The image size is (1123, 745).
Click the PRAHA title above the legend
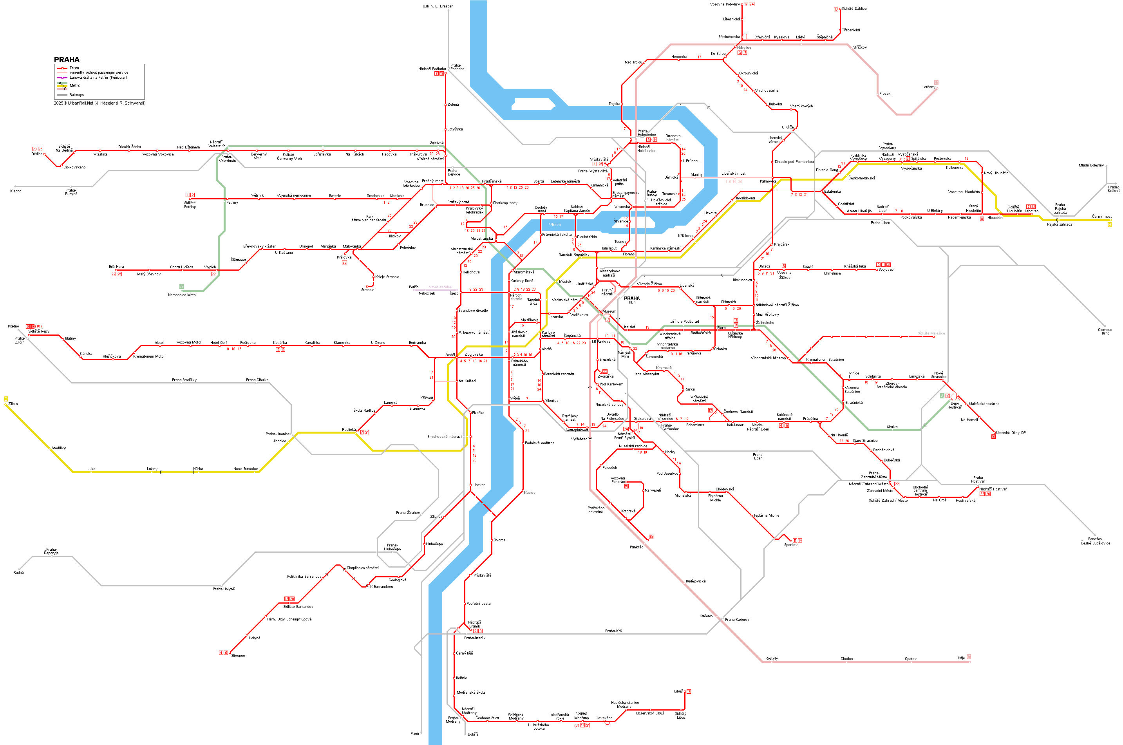67,60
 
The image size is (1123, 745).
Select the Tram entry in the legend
74,68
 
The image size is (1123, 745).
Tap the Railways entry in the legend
76,94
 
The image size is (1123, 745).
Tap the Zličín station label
13,404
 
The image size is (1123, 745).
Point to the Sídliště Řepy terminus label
38,331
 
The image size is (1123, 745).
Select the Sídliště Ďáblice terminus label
854,9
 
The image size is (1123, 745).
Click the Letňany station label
928,87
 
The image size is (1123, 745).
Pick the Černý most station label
1101,217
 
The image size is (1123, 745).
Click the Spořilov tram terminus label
790,545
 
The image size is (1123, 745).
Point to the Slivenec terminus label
238,656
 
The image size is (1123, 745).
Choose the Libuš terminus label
678,691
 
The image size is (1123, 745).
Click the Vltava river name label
555,225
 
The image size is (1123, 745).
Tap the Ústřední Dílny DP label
1011,433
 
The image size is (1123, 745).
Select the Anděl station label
450,355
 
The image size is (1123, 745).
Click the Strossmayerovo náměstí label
625,194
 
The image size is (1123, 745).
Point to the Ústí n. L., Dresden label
438,6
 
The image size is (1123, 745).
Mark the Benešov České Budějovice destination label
1095,541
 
